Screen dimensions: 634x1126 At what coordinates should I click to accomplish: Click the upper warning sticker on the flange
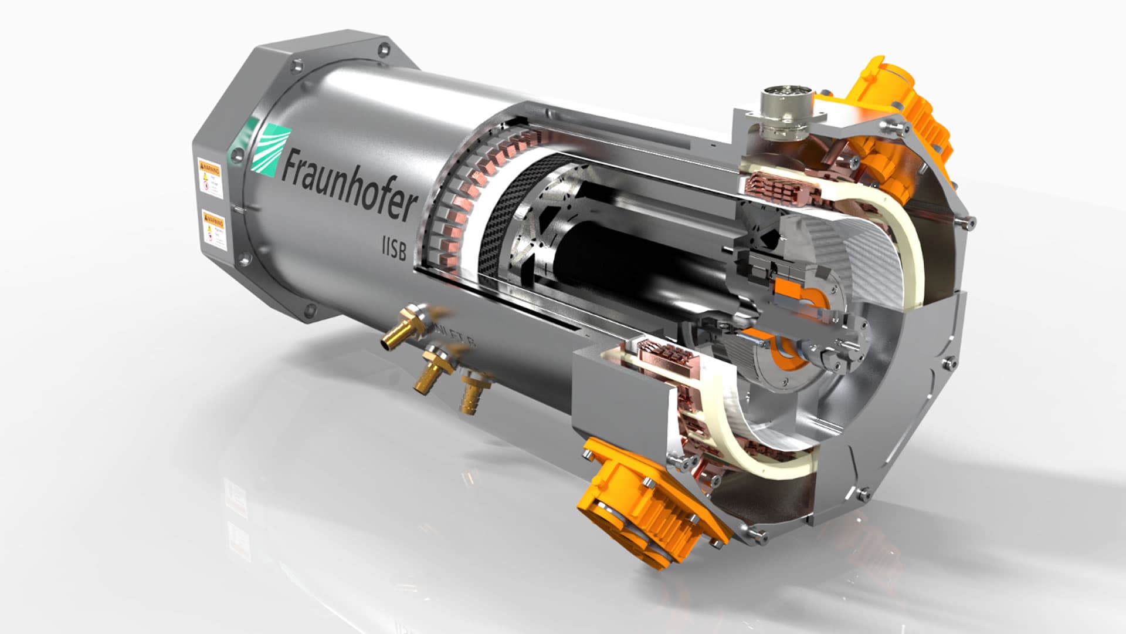pos(209,176)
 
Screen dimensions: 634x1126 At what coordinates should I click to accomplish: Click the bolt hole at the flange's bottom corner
pos(309,309)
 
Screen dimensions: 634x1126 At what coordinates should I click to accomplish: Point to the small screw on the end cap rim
pos(972,223)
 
